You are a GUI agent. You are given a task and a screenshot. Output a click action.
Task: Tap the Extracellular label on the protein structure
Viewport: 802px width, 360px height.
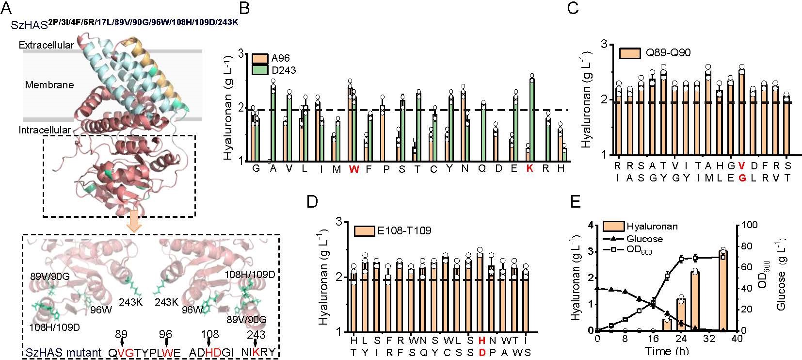[47, 45]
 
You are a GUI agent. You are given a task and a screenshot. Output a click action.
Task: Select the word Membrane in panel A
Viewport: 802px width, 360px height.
[49, 85]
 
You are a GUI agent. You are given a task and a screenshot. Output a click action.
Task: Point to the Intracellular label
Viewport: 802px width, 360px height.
[45, 130]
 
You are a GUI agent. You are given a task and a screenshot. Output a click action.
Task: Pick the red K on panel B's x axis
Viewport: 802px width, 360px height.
[529, 169]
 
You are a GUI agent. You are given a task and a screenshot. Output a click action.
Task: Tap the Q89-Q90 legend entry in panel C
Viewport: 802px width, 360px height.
[656, 52]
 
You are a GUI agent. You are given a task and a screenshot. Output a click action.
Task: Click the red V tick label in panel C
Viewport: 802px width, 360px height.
[741, 165]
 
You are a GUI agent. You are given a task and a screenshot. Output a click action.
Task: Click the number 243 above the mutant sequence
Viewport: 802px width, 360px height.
[256, 334]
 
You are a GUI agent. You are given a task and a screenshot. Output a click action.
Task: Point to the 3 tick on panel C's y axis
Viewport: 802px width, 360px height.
[604, 44]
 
